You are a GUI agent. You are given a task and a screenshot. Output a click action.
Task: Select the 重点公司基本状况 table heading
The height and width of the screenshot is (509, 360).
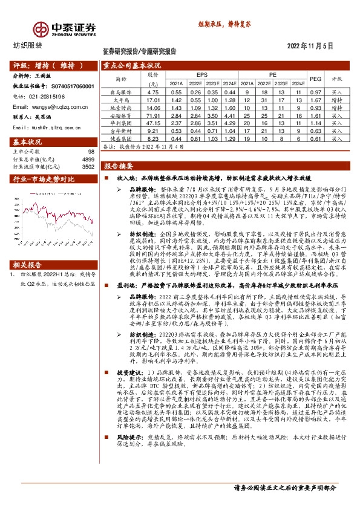[x=132, y=65]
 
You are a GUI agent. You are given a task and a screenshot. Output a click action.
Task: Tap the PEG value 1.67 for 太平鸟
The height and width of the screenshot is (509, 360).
[x=315, y=99]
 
